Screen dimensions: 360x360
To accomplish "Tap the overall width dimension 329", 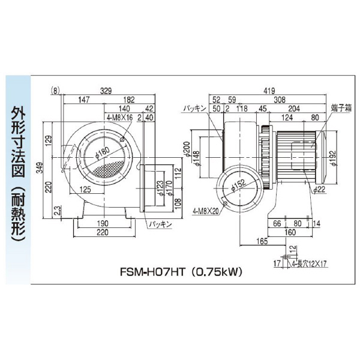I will [x=106, y=91].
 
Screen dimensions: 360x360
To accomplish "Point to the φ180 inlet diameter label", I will [x=102, y=153].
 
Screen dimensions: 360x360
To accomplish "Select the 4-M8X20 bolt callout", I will [x=206, y=211].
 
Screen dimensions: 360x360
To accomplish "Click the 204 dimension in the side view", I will [x=293, y=109].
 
